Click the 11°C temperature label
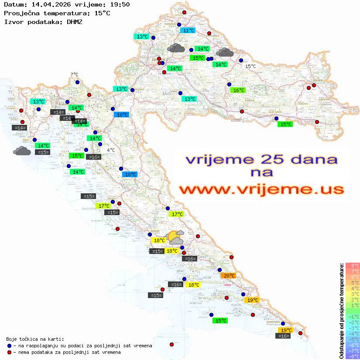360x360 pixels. [x=189, y=31]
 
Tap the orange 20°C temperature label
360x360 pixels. [x=229, y=276]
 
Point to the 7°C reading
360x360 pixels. [x=74, y=75]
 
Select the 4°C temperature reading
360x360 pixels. [x=111, y=150]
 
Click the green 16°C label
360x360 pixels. [x=238, y=90]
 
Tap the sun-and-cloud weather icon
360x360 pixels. [x=175, y=237]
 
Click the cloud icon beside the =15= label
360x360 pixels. [x=22, y=151]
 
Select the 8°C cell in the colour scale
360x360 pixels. [x=353, y=265]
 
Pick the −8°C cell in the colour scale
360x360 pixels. [x=353, y=356]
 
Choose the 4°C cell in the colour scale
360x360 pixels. [x=353, y=288]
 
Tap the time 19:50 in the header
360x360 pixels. [x=120, y=4]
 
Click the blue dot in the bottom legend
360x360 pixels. [x=9, y=346]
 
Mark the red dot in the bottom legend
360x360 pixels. [x=9, y=352]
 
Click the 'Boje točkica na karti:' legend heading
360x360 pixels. [x=35, y=339]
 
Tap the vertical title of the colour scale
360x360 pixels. [x=341, y=311]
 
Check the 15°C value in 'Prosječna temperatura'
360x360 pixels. [x=102, y=13]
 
